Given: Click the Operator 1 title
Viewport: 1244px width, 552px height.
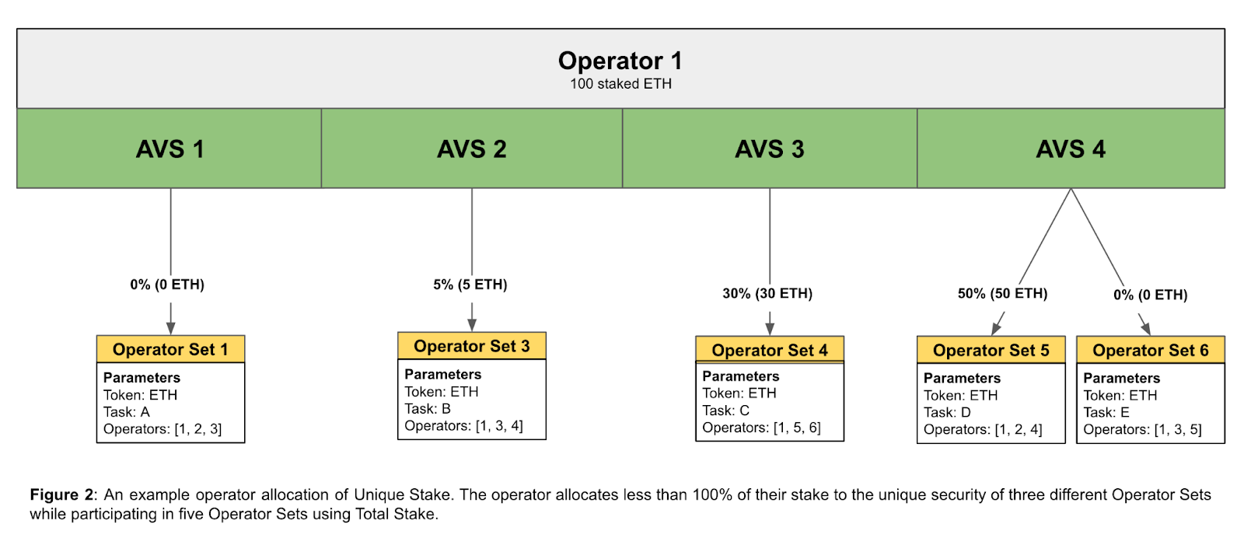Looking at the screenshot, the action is click(620, 61).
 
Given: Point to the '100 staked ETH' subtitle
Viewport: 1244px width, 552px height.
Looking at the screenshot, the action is click(620, 84).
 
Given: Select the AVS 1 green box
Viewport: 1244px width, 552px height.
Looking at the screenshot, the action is click(169, 148).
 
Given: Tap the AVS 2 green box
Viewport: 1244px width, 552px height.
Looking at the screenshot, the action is click(471, 148).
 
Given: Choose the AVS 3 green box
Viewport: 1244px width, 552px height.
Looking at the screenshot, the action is click(770, 148).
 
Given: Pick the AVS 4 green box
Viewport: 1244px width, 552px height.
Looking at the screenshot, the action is click(1071, 148).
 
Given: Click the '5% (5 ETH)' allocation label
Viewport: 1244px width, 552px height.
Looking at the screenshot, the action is click(470, 285).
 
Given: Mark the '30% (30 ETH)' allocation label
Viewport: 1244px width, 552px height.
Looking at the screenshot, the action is click(767, 294).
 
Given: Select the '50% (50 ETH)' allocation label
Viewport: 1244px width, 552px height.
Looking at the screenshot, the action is click(1002, 294).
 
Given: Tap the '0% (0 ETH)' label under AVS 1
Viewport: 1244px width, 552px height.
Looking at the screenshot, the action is click(167, 285).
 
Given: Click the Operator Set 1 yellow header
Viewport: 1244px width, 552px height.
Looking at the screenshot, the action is click(170, 349).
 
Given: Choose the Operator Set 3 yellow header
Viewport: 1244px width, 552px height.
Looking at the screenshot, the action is click(471, 346).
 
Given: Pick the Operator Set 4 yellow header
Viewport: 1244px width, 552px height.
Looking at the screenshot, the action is click(770, 350).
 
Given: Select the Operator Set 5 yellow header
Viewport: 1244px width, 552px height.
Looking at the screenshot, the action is click(991, 350).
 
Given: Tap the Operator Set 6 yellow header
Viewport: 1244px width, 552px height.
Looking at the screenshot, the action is click(1151, 350).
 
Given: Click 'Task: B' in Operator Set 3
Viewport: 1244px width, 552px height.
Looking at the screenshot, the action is click(428, 409).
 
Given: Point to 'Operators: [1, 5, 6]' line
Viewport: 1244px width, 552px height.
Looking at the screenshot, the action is click(761, 428).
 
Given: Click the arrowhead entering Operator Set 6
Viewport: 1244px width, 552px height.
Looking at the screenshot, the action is click(1146, 329).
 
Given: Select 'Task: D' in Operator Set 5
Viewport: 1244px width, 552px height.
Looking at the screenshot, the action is click(948, 413).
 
